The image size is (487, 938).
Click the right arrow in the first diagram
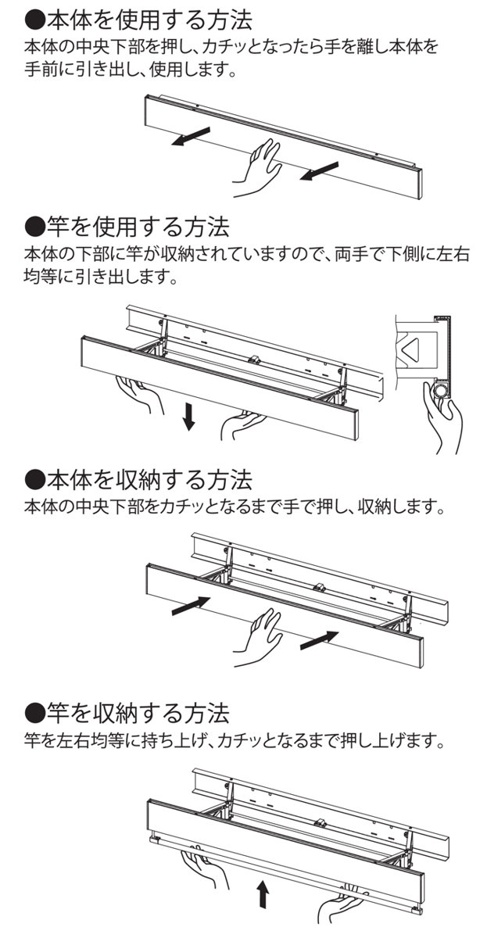tap(320, 170)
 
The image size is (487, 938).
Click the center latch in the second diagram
tap(254, 360)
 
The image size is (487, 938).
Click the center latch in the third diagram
tap(320, 586)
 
